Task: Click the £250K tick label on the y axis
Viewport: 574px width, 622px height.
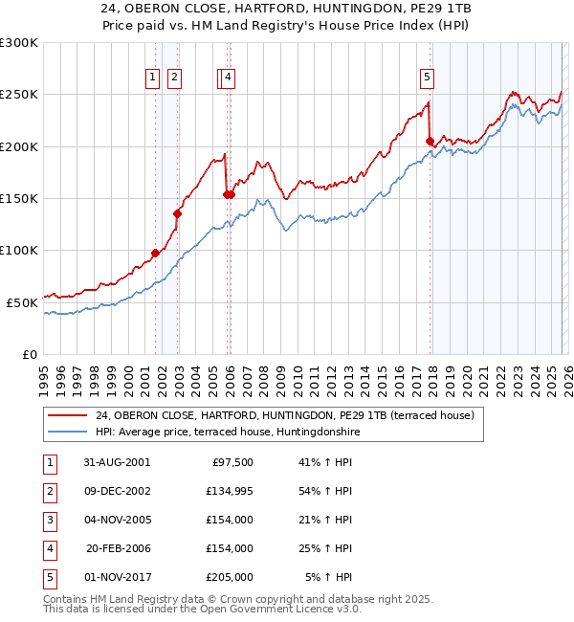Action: (x=19, y=95)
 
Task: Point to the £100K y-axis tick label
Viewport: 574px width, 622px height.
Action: (x=19, y=250)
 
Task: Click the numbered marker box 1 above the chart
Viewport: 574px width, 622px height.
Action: (x=153, y=78)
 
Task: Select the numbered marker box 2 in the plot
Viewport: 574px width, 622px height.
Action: (x=175, y=78)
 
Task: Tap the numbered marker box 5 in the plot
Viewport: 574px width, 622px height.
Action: (x=427, y=78)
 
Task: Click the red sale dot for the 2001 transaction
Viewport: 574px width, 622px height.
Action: (x=155, y=254)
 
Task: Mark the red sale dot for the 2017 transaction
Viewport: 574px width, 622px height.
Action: (x=430, y=142)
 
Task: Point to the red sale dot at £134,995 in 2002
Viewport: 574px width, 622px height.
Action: (x=177, y=214)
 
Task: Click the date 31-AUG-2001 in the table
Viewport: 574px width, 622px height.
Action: (x=117, y=461)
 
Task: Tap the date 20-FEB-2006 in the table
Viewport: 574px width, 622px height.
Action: (x=117, y=548)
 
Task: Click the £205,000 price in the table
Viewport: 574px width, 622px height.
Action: (x=230, y=577)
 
